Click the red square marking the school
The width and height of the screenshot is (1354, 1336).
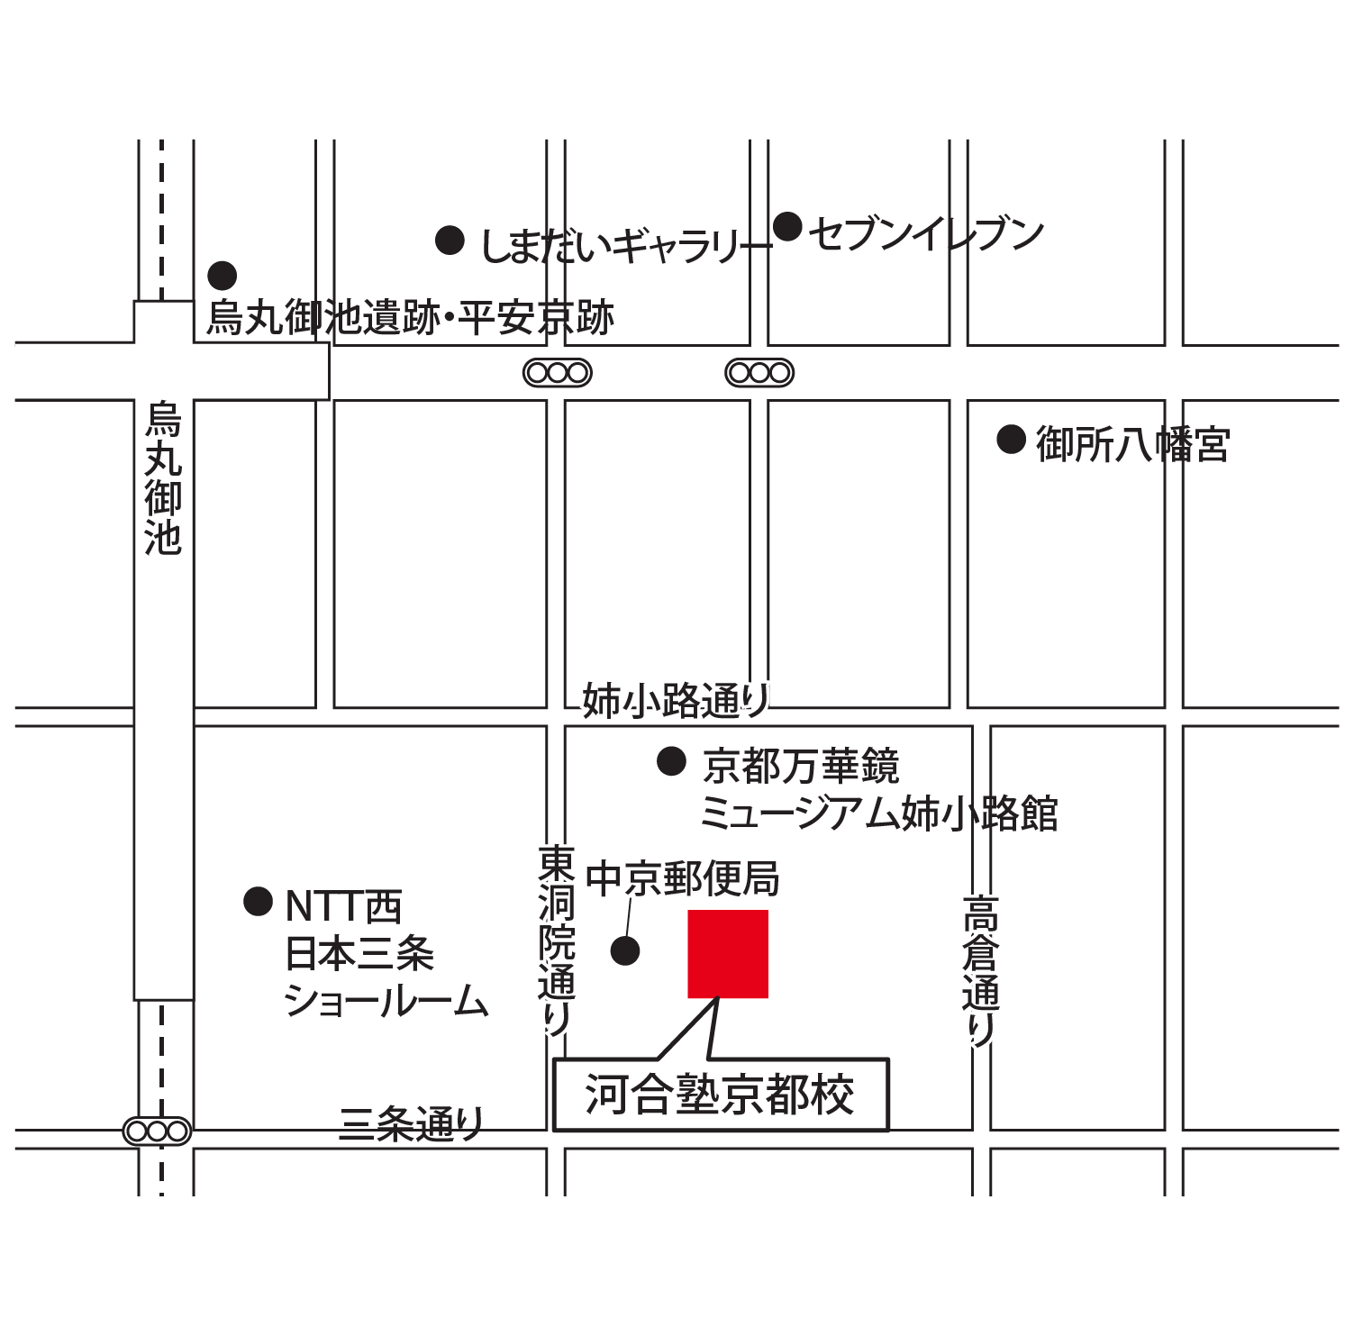click(728, 954)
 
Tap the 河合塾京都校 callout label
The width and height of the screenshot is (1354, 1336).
click(721, 1095)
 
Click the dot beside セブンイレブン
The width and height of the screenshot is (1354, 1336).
click(787, 226)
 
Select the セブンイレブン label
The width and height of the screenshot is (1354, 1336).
click(926, 234)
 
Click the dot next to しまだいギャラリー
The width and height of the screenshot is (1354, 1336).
click(450, 241)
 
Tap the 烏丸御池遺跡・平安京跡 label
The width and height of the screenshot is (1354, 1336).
click(411, 317)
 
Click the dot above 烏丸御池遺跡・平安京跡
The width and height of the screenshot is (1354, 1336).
click(223, 276)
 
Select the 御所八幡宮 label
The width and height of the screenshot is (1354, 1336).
click(1132, 444)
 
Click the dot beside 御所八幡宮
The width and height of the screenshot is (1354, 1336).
click(1011, 440)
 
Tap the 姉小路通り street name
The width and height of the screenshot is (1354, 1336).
click(676, 700)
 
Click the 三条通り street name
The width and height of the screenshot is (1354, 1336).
click(412, 1123)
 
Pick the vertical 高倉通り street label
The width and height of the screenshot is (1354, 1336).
click(981, 969)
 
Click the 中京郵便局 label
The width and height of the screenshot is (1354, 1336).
click(683, 878)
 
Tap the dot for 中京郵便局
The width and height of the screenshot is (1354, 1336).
click(625, 950)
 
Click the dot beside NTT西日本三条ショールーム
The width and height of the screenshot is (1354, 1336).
click(259, 901)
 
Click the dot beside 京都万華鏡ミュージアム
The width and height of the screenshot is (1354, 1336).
click(671, 761)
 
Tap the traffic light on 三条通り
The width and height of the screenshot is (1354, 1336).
click(158, 1131)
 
